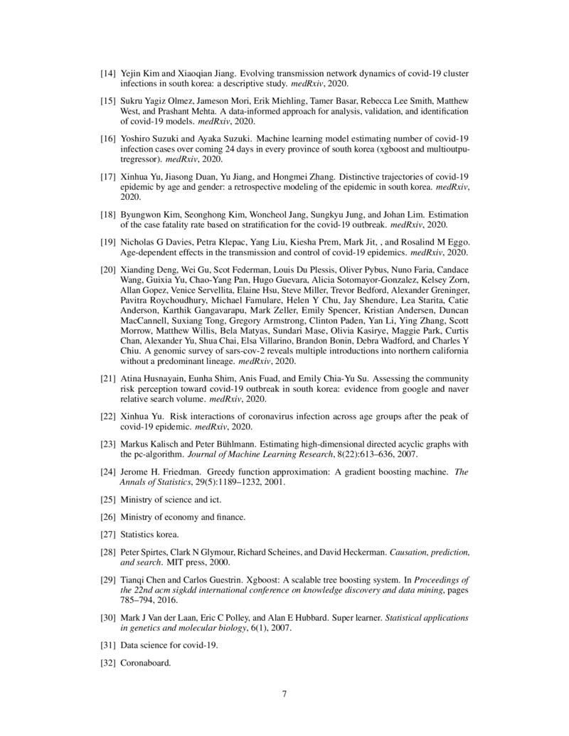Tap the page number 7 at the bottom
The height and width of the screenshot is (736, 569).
284,695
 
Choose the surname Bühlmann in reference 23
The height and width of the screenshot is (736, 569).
211,444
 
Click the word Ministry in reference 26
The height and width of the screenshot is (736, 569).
136,516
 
